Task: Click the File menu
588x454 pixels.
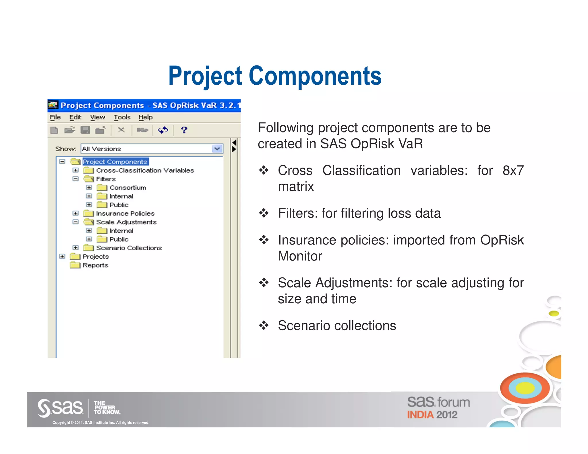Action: click(x=55, y=117)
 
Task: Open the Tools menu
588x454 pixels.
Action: click(x=122, y=117)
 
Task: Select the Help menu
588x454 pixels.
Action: click(x=145, y=117)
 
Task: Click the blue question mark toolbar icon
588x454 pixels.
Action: click(x=184, y=130)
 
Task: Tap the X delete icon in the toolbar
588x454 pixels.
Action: click(x=121, y=130)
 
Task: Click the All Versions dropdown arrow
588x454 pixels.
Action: click(x=217, y=149)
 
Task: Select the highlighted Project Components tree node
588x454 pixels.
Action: click(x=115, y=162)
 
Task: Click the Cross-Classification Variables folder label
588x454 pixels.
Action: click(x=145, y=170)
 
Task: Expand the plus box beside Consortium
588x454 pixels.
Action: click(x=89, y=187)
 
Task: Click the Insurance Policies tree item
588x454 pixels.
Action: click(x=125, y=214)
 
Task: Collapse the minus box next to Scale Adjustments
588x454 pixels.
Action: click(x=76, y=222)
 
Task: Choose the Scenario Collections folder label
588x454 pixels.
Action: click(x=129, y=248)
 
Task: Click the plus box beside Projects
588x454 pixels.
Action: click(x=62, y=256)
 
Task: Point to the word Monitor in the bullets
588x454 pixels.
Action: click(x=300, y=256)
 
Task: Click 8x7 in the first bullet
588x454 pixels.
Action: click(x=513, y=170)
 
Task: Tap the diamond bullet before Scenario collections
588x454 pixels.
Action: click(x=264, y=325)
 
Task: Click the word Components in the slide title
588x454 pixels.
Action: click(x=315, y=76)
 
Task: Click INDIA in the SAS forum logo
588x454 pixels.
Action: click(x=420, y=415)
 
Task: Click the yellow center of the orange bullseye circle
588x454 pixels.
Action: click(x=525, y=388)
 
